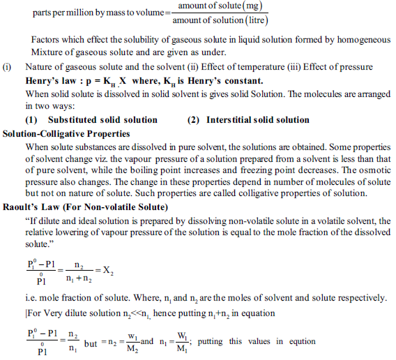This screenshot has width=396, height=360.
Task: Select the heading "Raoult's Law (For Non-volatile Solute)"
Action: pos(84,207)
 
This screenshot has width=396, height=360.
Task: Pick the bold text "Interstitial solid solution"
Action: pos(257,120)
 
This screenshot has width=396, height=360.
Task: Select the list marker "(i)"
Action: pos(8,67)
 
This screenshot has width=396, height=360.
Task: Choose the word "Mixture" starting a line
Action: pos(45,52)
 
